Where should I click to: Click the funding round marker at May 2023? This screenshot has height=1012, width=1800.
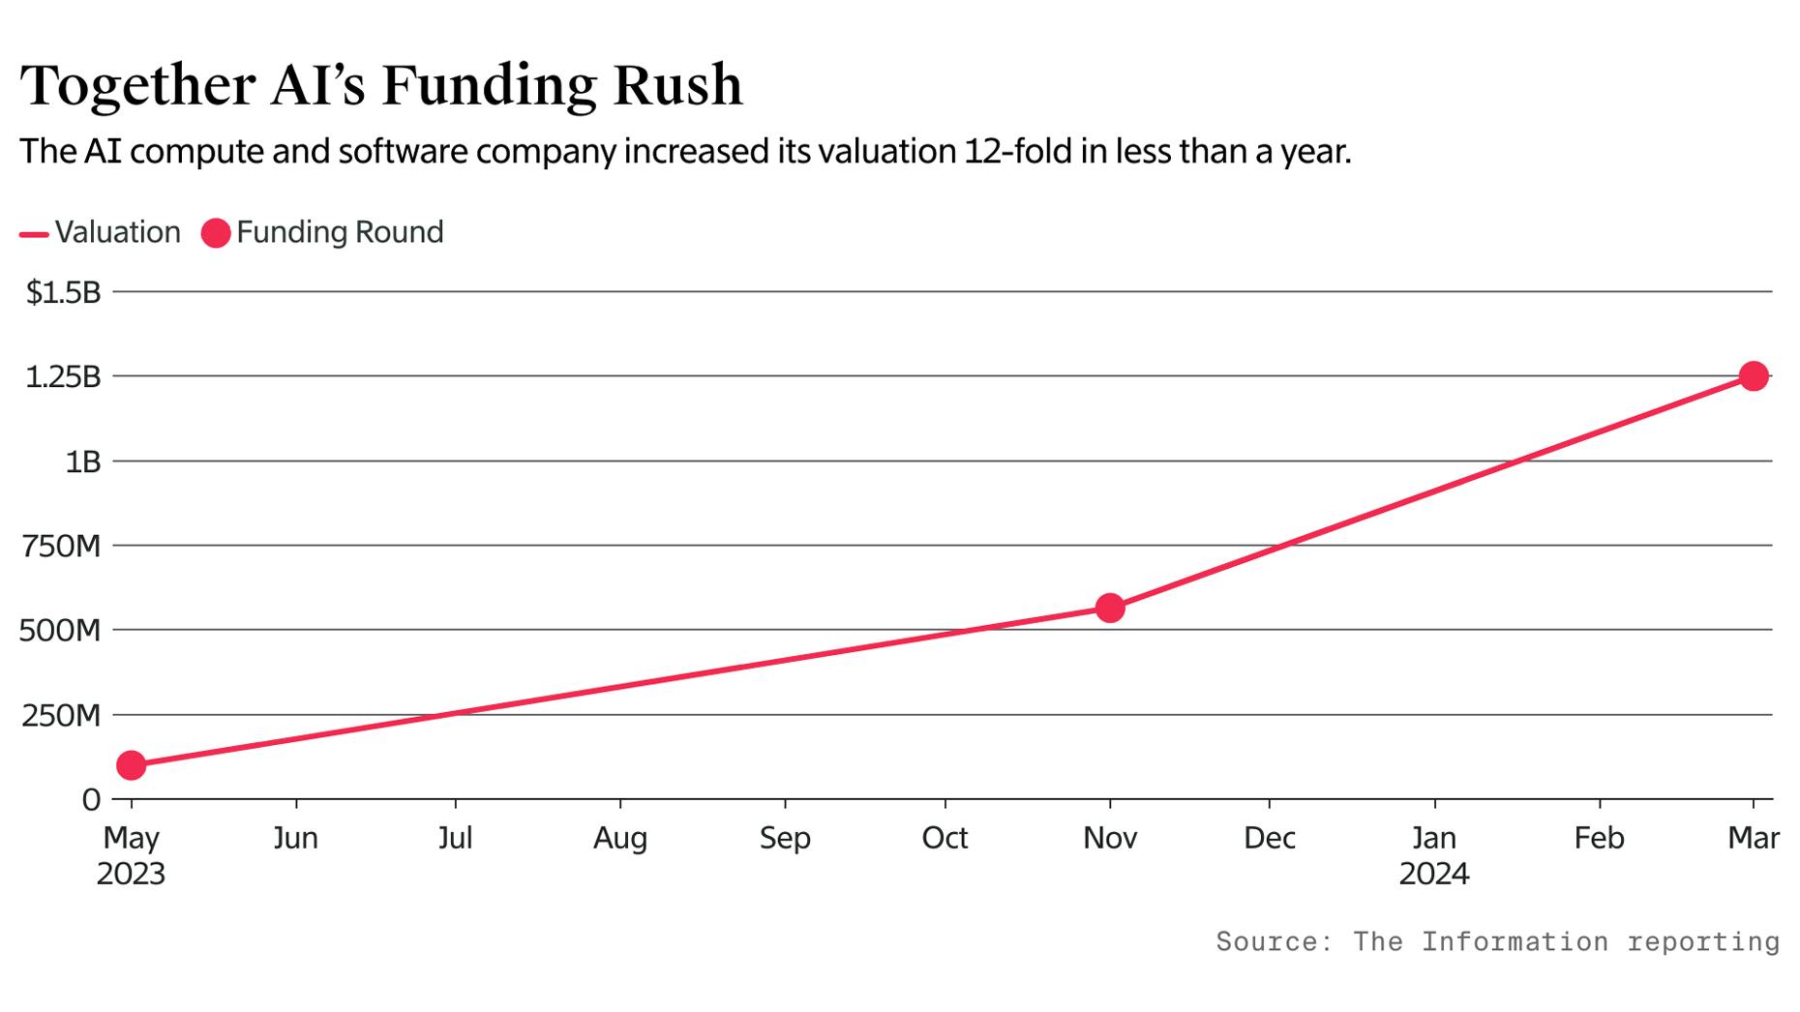pos(131,765)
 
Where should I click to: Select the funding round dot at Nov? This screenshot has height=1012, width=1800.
pos(1110,608)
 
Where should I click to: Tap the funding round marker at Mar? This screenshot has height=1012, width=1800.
pos(1754,376)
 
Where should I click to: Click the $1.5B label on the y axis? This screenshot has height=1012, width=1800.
pos(64,292)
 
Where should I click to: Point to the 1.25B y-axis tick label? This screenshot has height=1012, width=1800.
pos(63,377)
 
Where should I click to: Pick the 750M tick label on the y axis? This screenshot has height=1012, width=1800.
pos(61,547)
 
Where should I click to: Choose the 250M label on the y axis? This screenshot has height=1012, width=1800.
pos(61,716)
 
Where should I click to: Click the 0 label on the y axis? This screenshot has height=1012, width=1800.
pos(91,800)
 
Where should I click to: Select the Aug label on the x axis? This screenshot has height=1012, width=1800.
pos(620,838)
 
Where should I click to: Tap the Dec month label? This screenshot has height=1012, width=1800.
pos(1270,838)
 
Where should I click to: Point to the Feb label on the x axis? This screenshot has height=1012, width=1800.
pos(1599,838)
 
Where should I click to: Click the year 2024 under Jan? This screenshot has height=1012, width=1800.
pos(1434,875)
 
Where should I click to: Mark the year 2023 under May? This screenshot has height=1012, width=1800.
pos(131,875)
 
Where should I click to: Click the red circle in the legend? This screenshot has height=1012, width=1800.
pos(216,233)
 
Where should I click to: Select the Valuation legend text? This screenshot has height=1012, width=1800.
pos(117,232)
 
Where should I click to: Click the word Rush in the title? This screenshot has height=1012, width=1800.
pos(677,85)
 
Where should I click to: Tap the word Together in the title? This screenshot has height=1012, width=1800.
pos(137,85)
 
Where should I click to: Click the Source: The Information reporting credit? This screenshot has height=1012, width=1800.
pos(1497,941)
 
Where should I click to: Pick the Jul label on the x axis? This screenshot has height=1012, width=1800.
pos(455,838)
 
